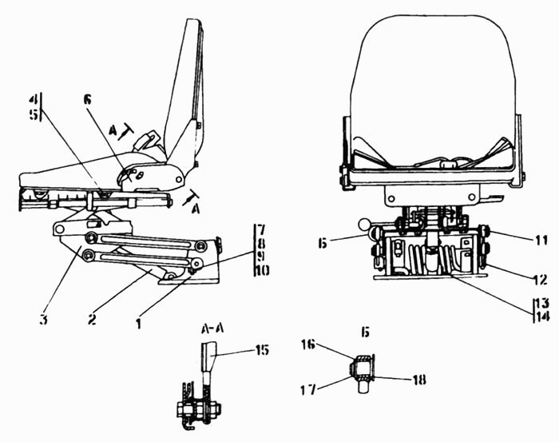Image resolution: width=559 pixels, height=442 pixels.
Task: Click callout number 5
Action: pyautogui.click(x=34, y=114)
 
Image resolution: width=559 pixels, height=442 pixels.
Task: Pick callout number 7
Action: pyautogui.click(x=261, y=230)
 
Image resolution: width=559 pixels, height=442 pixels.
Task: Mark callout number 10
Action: pyautogui.click(x=262, y=271)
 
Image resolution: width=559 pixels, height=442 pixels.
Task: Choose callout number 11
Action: pyautogui.click(x=541, y=241)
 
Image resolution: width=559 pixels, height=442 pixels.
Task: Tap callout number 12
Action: pyautogui.click(x=541, y=279)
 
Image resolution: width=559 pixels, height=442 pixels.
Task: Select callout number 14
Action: pyautogui.click(x=542, y=316)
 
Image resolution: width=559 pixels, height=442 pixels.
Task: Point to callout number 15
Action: pyautogui.click(x=262, y=350)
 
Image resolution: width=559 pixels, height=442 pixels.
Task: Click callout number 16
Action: pyautogui.click(x=308, y=344)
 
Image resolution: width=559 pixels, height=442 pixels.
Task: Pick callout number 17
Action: pyautogui.click(x=308, y=389)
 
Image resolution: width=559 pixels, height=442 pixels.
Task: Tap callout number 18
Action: pyautogui.click(x=419, y=380)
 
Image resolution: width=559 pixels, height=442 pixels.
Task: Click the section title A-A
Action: pyautogui.click(x=212, y=329)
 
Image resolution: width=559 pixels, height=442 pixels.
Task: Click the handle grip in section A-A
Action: pyautogui.click(x=209, y=356)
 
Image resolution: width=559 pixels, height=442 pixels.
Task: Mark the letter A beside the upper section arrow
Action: pyautogui.click(x=113, y=131)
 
